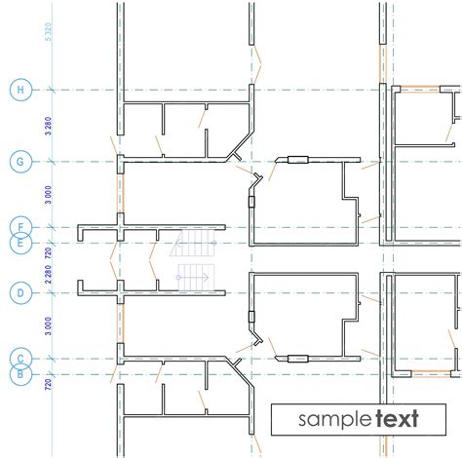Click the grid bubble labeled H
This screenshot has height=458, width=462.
point(19,91)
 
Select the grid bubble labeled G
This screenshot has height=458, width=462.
point(19,160)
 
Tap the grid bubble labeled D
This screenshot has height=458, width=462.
point(19,292)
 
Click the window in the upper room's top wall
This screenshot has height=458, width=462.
point(295,158)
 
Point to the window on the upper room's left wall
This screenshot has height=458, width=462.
point(251,202)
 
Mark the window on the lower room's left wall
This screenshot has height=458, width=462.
point(251,318)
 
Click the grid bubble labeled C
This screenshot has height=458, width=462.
point(19,359)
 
